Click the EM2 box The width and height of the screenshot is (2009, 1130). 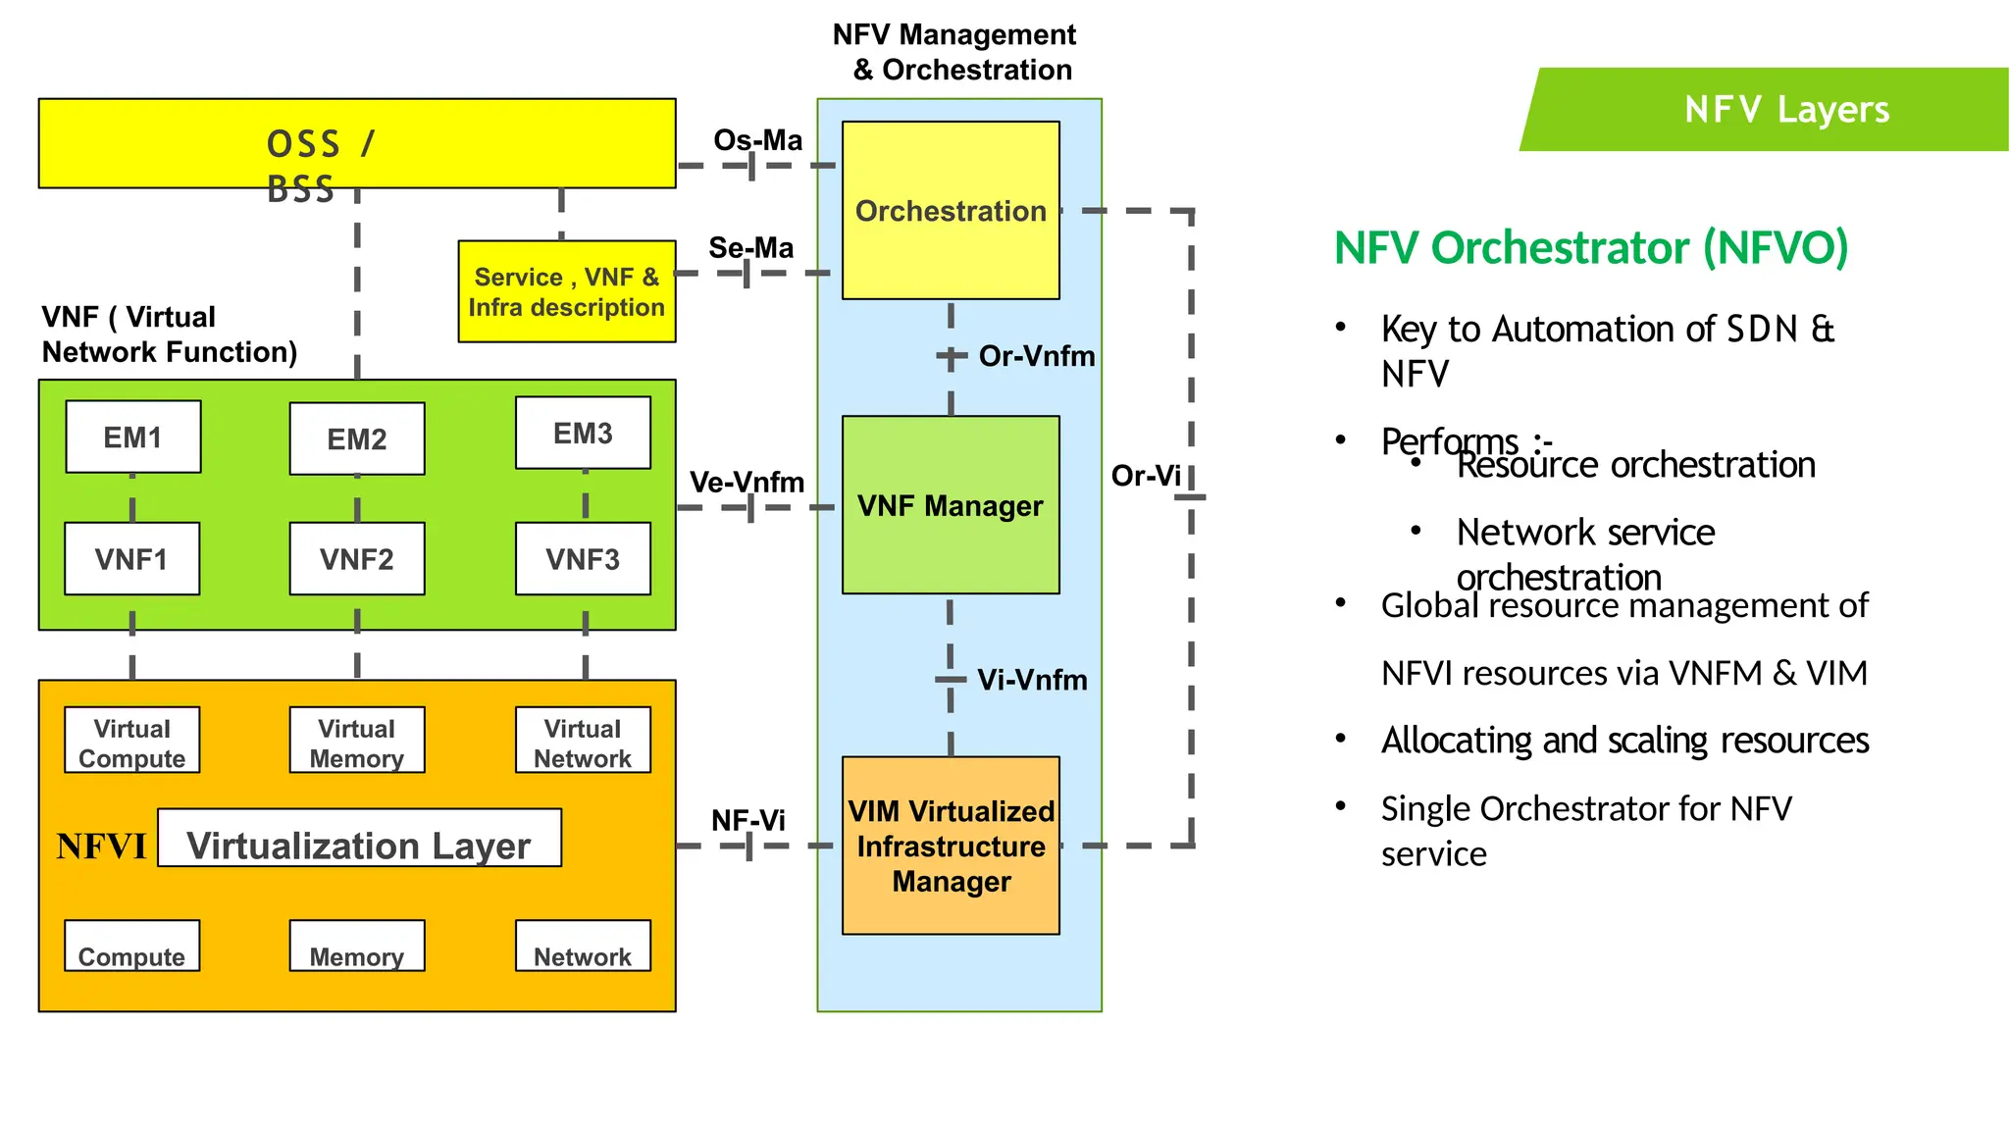(x=357, y=438)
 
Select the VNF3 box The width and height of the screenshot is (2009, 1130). (x=583, y=558)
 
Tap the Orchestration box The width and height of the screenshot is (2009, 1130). (x=951, y=210)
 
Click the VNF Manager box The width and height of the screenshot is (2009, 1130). (x=951, y=505)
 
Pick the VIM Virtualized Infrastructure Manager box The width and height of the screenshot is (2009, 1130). (x=951, y=846)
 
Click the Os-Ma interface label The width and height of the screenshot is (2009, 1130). (x=757, y=140)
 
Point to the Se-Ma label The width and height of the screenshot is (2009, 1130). (x=751, y=247)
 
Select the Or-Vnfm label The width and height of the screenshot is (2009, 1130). (x=1036, y=356)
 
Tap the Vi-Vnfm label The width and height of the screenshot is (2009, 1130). (x=1032, y=680)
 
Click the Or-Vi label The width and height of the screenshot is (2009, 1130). (x=1145, y=476)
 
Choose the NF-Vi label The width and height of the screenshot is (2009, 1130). (x=747, y=820)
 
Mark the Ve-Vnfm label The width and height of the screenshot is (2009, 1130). (x=747, y=482)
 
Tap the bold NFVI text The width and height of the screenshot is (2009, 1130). (x=101, y=846)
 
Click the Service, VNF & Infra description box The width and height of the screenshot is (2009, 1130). (x=567, y=291)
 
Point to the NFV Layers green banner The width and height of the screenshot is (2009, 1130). (x=1785, y=109)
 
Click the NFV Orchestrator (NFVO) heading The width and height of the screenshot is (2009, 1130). (x=1591, y=247)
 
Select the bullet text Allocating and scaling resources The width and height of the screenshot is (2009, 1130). (x=1624, y=741)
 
